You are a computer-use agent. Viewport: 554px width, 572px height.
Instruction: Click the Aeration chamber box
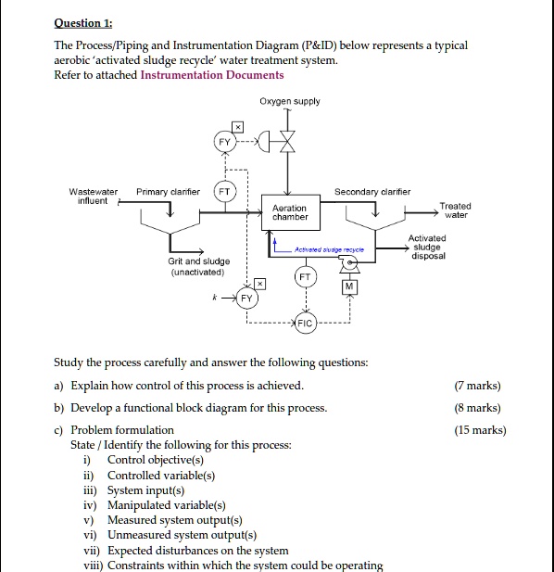tap(290, 211)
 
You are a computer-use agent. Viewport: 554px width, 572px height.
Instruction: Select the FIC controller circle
tap(305, 323)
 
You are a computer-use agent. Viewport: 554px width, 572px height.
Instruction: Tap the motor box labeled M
tap(350, 287)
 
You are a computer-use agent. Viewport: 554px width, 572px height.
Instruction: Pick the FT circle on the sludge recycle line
tap(305, 276)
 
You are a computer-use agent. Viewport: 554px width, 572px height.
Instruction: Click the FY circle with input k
tap(246, 299)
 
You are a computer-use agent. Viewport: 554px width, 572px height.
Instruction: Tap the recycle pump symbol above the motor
tap(350, 263)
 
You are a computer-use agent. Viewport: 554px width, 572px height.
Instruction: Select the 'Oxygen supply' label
tap(291, 101)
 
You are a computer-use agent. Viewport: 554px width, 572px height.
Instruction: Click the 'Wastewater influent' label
tap(94, 196)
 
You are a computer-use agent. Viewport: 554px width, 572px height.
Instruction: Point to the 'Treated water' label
tap(455, 210)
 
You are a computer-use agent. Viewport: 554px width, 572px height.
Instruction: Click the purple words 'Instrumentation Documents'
tap(212, 75)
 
